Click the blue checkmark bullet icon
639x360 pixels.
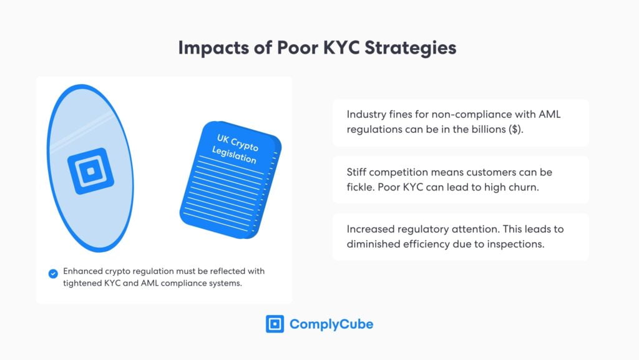53,273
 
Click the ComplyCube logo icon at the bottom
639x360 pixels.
275,324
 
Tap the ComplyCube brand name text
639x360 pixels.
331,324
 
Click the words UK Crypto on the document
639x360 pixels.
238,142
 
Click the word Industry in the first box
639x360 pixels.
368,115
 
